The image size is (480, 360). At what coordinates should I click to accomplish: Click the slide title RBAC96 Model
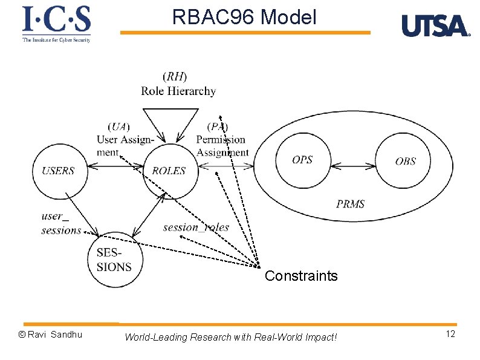244,18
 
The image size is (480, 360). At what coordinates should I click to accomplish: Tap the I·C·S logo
56,23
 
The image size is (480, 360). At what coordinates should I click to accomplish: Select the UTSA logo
435,26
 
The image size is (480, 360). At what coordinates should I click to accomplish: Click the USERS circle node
59,171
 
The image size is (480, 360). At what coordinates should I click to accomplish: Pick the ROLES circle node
169,171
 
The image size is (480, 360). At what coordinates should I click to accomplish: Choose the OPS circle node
302,160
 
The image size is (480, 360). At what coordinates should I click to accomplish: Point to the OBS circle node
405,161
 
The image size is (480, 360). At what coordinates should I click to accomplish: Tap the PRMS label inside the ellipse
351,204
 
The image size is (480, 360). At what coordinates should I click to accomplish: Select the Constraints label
301,277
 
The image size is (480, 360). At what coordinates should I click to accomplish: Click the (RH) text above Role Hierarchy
175,76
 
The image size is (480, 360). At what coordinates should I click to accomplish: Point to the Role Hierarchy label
178,91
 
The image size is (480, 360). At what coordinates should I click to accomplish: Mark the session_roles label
196,227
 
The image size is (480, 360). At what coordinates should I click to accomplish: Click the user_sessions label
60,223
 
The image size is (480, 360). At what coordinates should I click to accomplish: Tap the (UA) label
118,126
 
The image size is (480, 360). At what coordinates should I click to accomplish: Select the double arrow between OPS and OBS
353,165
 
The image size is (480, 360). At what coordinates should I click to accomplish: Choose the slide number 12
450,335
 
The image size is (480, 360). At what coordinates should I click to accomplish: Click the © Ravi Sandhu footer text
50,335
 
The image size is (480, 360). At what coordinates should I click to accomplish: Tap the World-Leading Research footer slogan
230,337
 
